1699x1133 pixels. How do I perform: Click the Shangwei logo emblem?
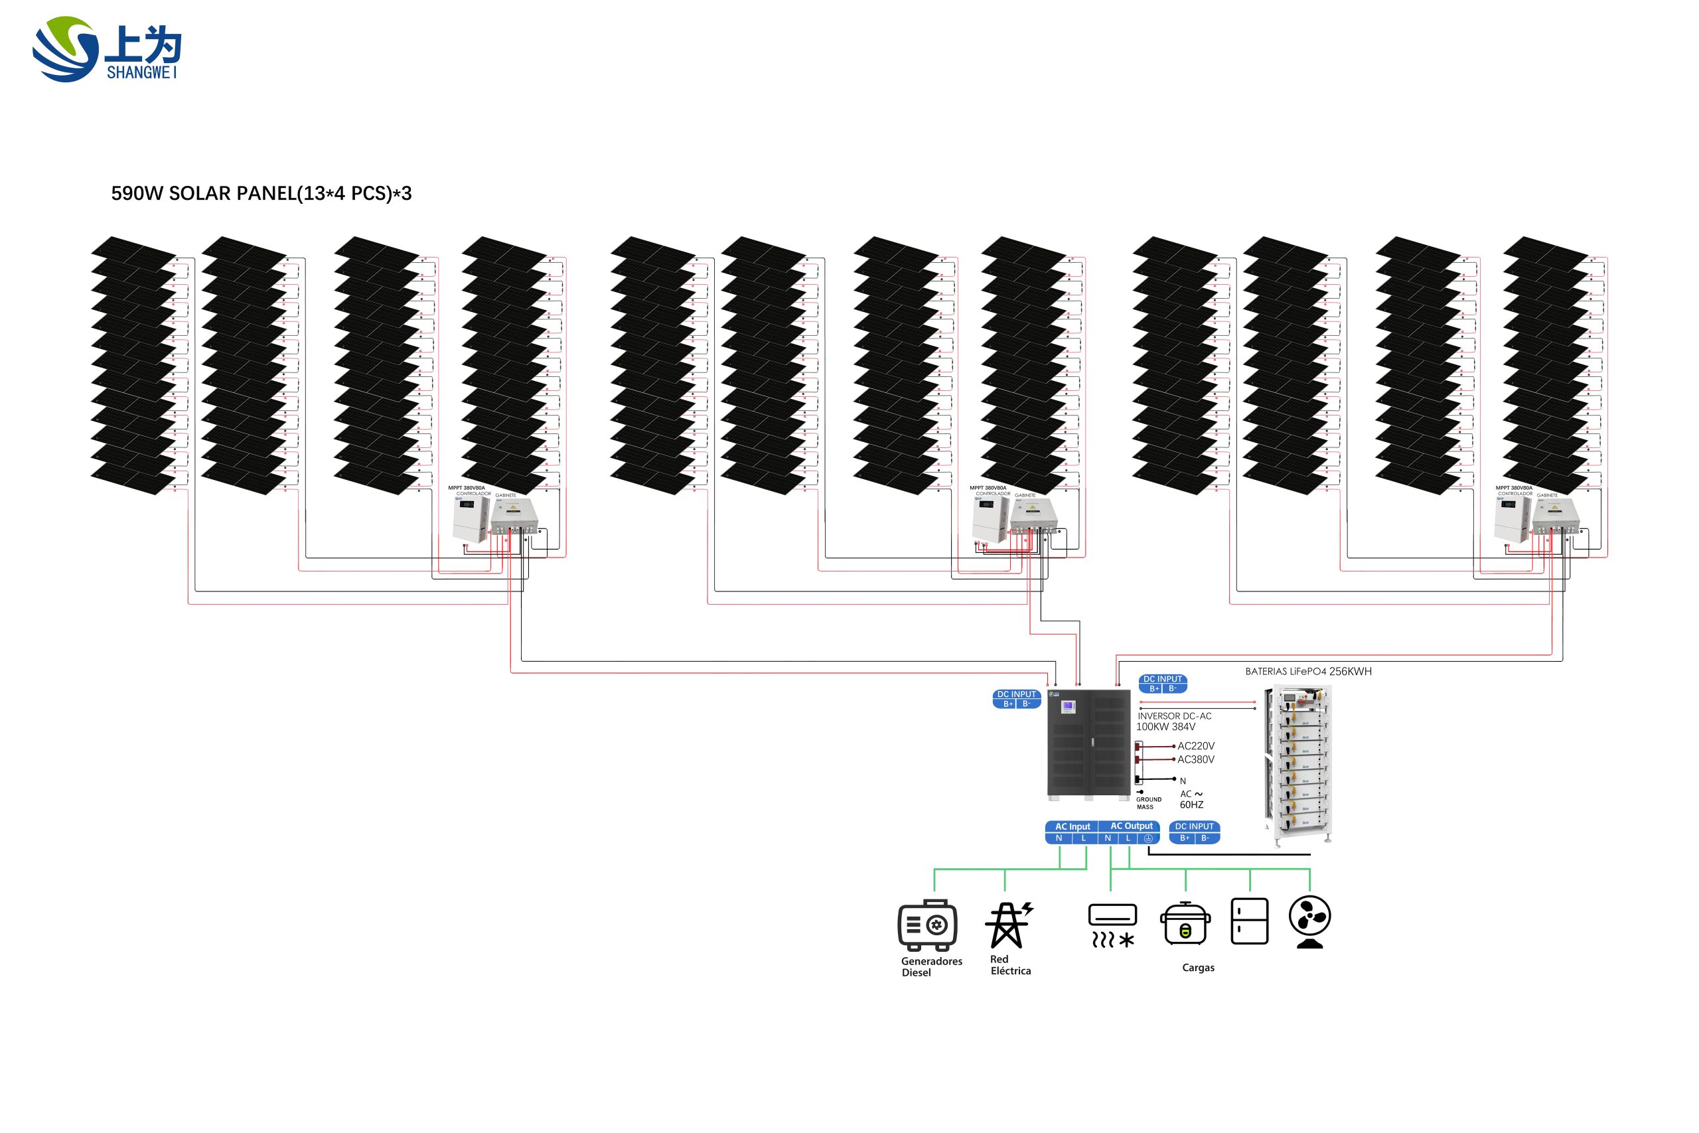pyautogui.click(x=65, y=49)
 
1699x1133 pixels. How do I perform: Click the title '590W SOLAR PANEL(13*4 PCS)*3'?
pyautogui.click(x=261, y=194)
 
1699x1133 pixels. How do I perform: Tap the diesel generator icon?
pyautogui.click(x=928, y=925)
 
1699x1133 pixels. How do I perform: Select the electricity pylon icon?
pyautogui.click(x=1008, y=925)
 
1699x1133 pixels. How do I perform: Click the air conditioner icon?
pyautogui.click(x=1112, y=925)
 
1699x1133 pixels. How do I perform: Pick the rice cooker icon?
pyautogui.click(x=1185, y=923)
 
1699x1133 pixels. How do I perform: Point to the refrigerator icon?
pyautogui.click(x=1249, y=921)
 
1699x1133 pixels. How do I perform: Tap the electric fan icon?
pyautogui.click(x=1309, y=921)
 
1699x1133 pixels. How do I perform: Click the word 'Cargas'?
pyautogui.click(x=1198, y=968)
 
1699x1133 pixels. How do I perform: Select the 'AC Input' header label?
pyautogui.click(x=1072, y=826)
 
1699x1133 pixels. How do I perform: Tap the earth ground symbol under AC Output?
pyautogui.click(x=1148, y=838)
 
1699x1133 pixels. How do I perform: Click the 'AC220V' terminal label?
pyautogui.click(x=1195, y=745)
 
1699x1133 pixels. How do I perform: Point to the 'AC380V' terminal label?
pyautogui.click(x=1195, y=759)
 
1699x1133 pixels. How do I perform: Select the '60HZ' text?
pyautogui.click(x=1191, y=805)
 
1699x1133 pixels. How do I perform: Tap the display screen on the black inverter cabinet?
pyautogui.click(x=1068, y=706)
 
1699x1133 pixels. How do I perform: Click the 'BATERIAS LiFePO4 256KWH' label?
pyautogui.click(x=1307, y=671)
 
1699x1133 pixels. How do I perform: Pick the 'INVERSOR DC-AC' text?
pyautogui.click(x=1175, y=716)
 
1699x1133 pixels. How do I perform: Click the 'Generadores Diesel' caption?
pyautogui.click(x=930, y=967)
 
